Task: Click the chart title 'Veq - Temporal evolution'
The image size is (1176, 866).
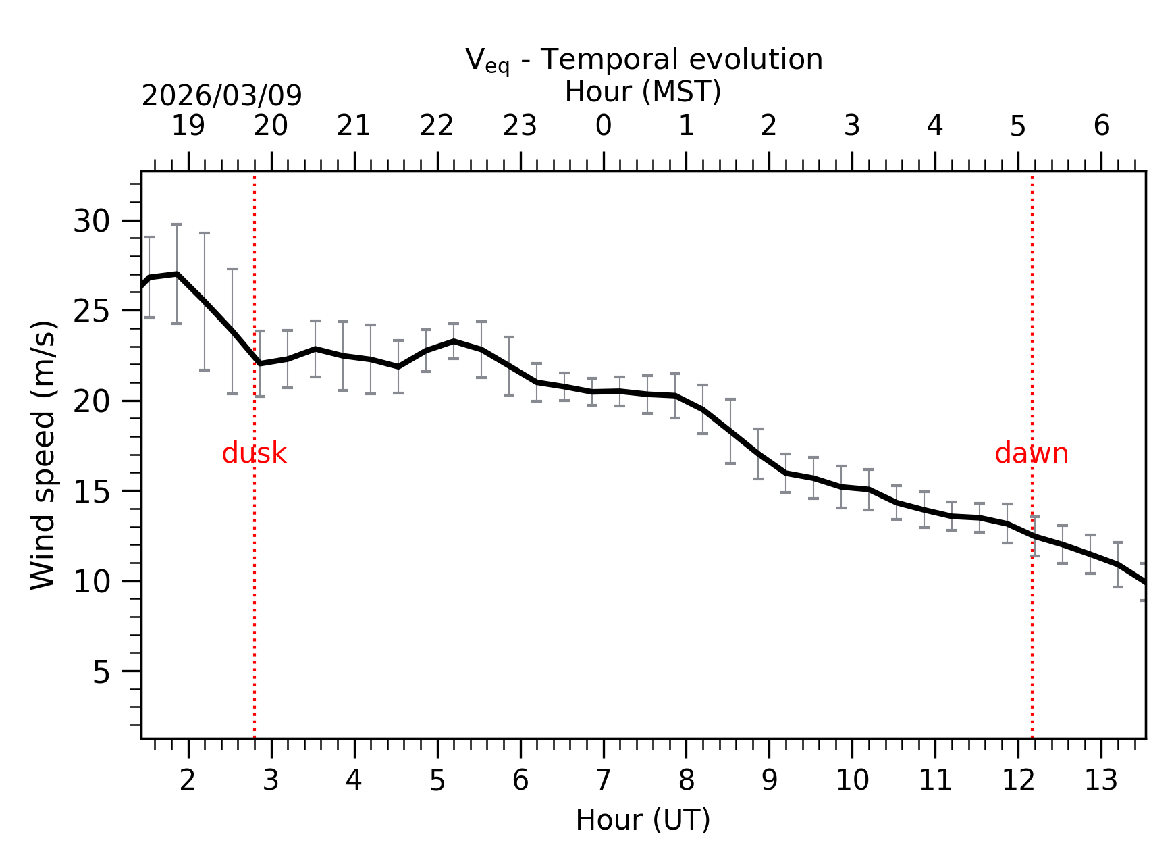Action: (x=643, y=60)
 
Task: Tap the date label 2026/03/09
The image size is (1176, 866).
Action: (x=221, y=96)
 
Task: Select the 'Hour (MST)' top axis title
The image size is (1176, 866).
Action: (x=643, y=92)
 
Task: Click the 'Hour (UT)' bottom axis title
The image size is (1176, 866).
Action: (x=643, y=820)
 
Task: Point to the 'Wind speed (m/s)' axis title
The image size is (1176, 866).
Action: (x=43, y=455)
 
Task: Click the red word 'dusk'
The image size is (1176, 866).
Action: (x=254, y=453)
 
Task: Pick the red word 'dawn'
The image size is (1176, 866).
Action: (x=1031, y=453)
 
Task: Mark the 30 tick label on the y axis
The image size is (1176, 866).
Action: (x=91, y=221)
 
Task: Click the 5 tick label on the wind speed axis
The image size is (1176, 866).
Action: (x=101, y=671)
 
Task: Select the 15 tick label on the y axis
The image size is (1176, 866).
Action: (x=91, y=491)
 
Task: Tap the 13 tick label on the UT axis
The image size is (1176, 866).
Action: (x=1101, y=781)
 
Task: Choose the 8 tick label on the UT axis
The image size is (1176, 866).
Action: (x=686, y=781)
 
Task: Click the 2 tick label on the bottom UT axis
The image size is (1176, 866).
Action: (x=188, y=781)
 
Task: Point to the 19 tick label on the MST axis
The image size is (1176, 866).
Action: (x=188, y=126)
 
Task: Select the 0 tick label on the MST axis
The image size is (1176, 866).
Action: (x=603, y=126)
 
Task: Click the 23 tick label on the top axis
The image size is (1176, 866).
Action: (x=520, y=126)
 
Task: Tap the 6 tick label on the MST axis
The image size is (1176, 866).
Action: (x=1101, y=126)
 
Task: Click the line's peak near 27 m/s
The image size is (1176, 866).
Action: (x=177, y=274)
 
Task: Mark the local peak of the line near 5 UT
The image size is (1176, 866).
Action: (x=454, y=341)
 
